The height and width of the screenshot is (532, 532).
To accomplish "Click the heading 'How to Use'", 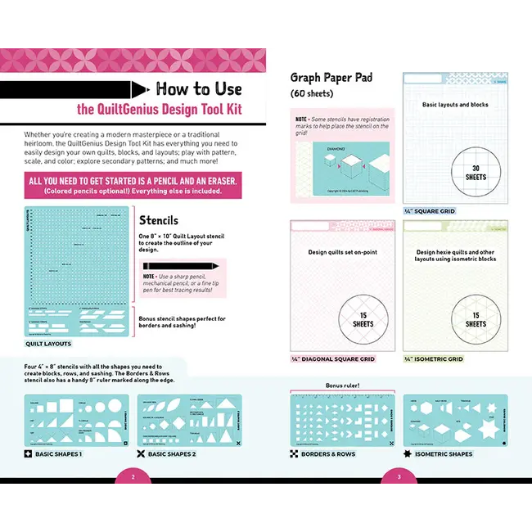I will [198, 89].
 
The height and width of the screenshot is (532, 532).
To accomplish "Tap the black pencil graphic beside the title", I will [74, 88].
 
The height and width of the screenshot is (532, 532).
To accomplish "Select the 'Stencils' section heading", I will [158, 221].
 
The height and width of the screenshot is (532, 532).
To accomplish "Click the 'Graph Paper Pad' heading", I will [331, 78].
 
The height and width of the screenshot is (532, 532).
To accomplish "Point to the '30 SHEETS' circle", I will [453, 172].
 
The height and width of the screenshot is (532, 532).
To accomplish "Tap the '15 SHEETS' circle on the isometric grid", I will [476, 318].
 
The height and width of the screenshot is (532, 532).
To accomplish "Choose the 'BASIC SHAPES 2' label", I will [171, 453].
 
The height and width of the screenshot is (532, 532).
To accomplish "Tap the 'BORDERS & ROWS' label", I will [327, 453].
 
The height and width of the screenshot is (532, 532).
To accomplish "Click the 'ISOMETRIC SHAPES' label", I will [443, 453].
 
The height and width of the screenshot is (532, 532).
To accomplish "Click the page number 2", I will [133, 476].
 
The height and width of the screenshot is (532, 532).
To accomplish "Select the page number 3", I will [399, 476].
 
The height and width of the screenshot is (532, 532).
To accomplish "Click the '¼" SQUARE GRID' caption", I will [430, 211].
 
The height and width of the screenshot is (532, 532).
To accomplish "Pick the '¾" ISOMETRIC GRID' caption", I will [433, 358].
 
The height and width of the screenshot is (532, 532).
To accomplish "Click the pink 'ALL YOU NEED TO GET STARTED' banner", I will [133, 187].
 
